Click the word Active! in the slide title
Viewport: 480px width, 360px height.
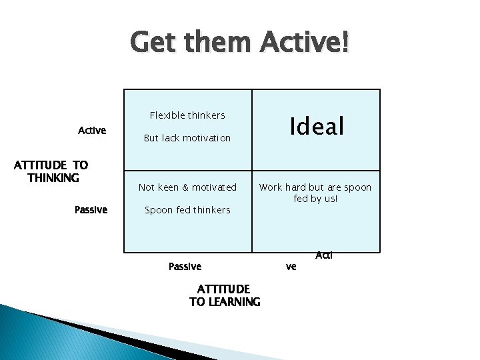coord(304,43)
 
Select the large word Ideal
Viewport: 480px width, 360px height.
coord(316,125)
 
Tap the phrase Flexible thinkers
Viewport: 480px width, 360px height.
coord(187,115)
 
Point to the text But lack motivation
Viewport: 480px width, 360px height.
coord(187,138)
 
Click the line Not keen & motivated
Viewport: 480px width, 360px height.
coord(187,187)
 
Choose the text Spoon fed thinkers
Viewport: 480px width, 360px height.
coord(187,210)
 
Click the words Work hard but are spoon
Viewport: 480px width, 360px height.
coord(315,187)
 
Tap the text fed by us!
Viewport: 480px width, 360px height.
coord(315,199)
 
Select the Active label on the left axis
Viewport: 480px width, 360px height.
coord(92,131)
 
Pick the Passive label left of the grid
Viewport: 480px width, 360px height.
coord(91,209)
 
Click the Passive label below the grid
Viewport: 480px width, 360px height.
coord(185,267)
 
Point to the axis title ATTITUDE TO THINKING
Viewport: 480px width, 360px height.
coord(51,171)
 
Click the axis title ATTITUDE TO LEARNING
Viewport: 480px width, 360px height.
coord(225,295)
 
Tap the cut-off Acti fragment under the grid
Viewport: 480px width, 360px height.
coord(324,255)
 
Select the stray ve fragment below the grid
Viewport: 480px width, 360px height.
coord(291,267)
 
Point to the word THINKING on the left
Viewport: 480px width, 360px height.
coord(53,178)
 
